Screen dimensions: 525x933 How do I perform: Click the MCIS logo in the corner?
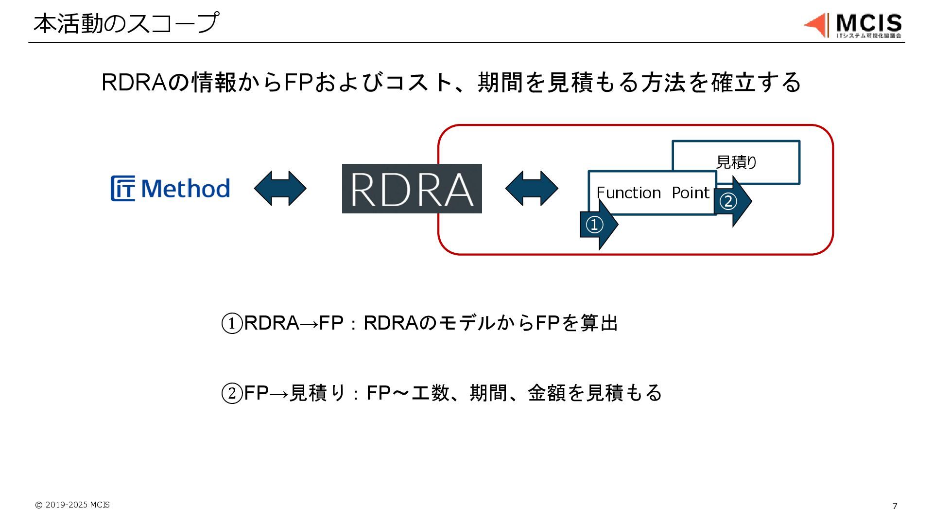pos(853,25)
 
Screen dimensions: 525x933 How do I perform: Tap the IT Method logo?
pos(170,189)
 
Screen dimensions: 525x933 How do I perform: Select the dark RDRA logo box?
pos(412,189)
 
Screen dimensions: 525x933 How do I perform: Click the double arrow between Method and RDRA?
pos(280,188)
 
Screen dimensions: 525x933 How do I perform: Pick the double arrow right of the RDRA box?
pos(532,188)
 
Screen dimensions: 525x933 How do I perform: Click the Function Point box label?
pos(652,193)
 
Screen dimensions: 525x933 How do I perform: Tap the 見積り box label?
pos(736,162)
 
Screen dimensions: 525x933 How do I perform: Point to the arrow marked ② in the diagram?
pos(732,201)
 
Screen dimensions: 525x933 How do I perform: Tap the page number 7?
pos(895,506)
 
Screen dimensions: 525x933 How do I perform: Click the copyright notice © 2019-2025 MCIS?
pos(72,505)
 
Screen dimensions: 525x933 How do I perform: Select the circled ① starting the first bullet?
pos(232,323)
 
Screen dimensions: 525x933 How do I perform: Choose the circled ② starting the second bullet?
pos(232,393)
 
